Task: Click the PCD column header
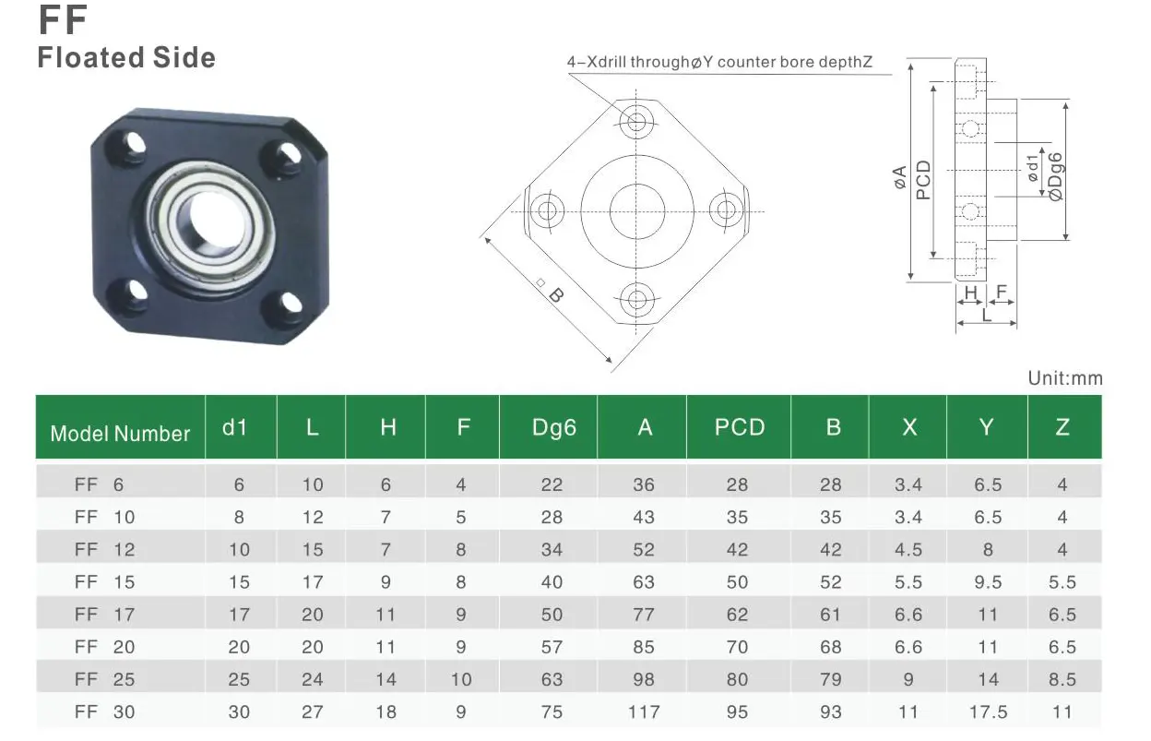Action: (739, 427)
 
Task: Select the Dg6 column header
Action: (553, 427)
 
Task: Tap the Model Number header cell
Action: (120, 434)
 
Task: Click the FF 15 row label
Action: (104, 582)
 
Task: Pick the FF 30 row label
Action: (104, 711)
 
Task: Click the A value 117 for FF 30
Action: (644, 711)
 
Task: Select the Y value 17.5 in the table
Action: (988, 711)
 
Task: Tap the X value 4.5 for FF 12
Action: (908, 550)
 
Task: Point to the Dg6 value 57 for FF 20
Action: (552, 647)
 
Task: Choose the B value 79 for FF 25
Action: (831, 679)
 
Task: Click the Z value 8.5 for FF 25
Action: (1062, 679)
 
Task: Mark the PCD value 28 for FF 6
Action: (737, 484)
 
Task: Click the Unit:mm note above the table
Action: (1064, 378)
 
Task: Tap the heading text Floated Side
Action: (126, 58)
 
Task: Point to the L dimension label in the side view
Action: (987, 315)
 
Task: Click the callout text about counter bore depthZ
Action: (719, 63)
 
